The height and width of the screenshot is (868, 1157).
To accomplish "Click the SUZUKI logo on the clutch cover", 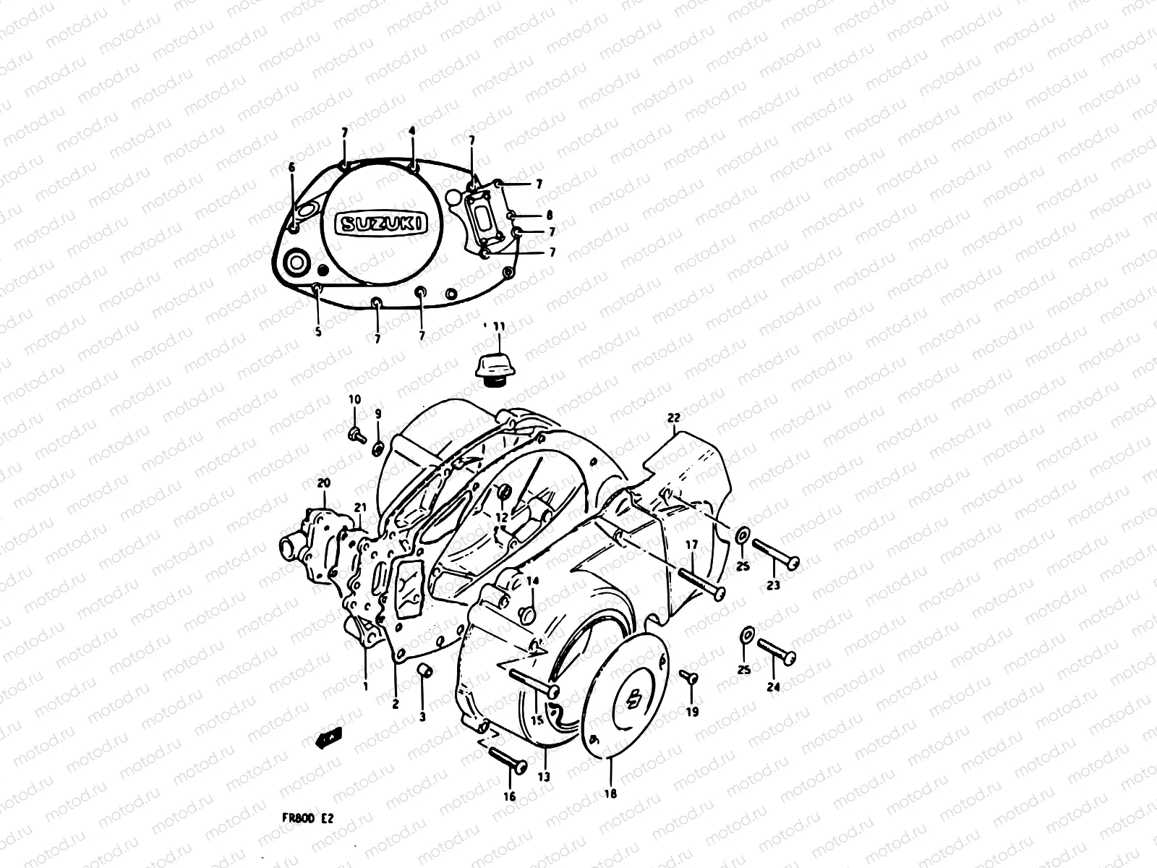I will (x=381, y=224).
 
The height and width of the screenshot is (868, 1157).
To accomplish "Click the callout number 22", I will (x=674, y=417).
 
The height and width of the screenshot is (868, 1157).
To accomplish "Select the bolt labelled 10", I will (x=356, y=434).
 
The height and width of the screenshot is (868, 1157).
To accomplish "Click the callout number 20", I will (x=323, y=482).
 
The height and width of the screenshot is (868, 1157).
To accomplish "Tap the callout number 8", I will (x=550, y=215).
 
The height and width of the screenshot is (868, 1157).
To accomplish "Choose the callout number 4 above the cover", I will (x=412, y=131).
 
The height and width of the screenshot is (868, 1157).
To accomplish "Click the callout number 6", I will (x=291, y=167).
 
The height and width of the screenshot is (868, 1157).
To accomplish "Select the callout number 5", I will (x=318, y=332).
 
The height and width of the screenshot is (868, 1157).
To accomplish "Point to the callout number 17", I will (x=691, y=544).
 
